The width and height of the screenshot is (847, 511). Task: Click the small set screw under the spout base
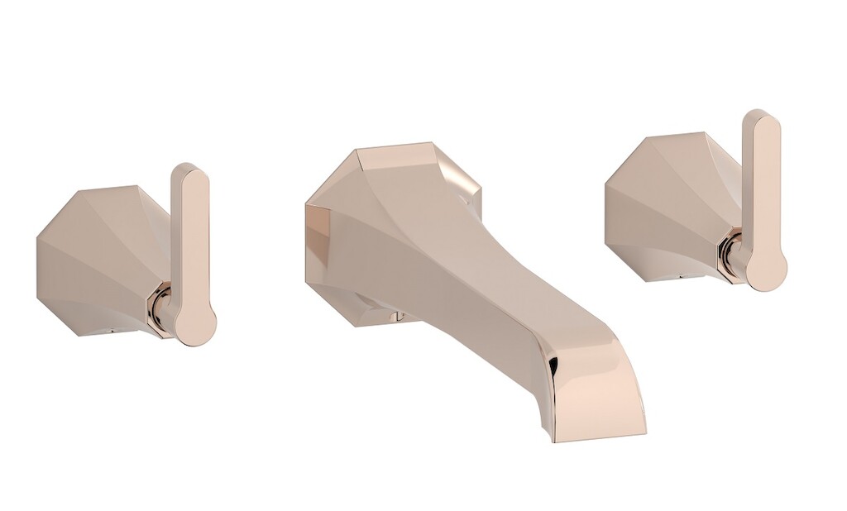[395, 315]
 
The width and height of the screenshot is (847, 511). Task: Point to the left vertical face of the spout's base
[318, 248]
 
